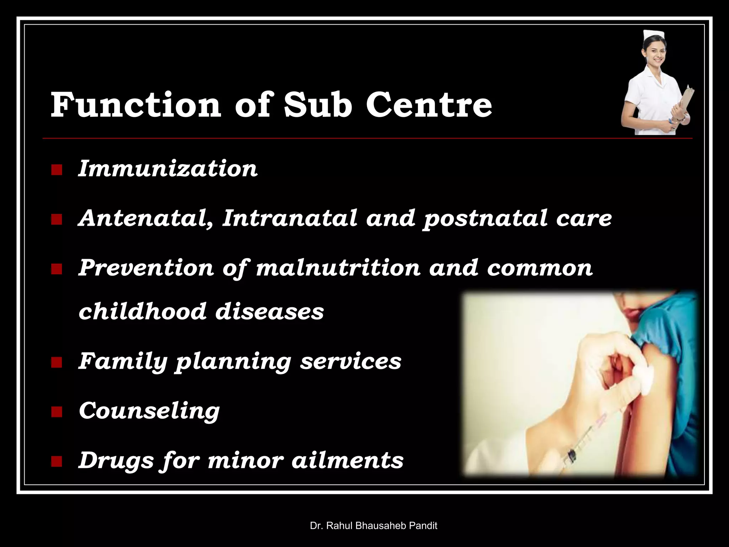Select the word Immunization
(168, 168)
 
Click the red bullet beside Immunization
(56, 170)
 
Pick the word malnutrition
(338, 267)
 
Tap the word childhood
(142, 311)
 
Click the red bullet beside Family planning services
(56, 363)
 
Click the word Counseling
(149, 411)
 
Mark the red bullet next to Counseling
(56, 412)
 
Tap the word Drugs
(116, 460)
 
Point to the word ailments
(347, 460)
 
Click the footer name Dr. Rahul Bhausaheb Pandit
(373, 525)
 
